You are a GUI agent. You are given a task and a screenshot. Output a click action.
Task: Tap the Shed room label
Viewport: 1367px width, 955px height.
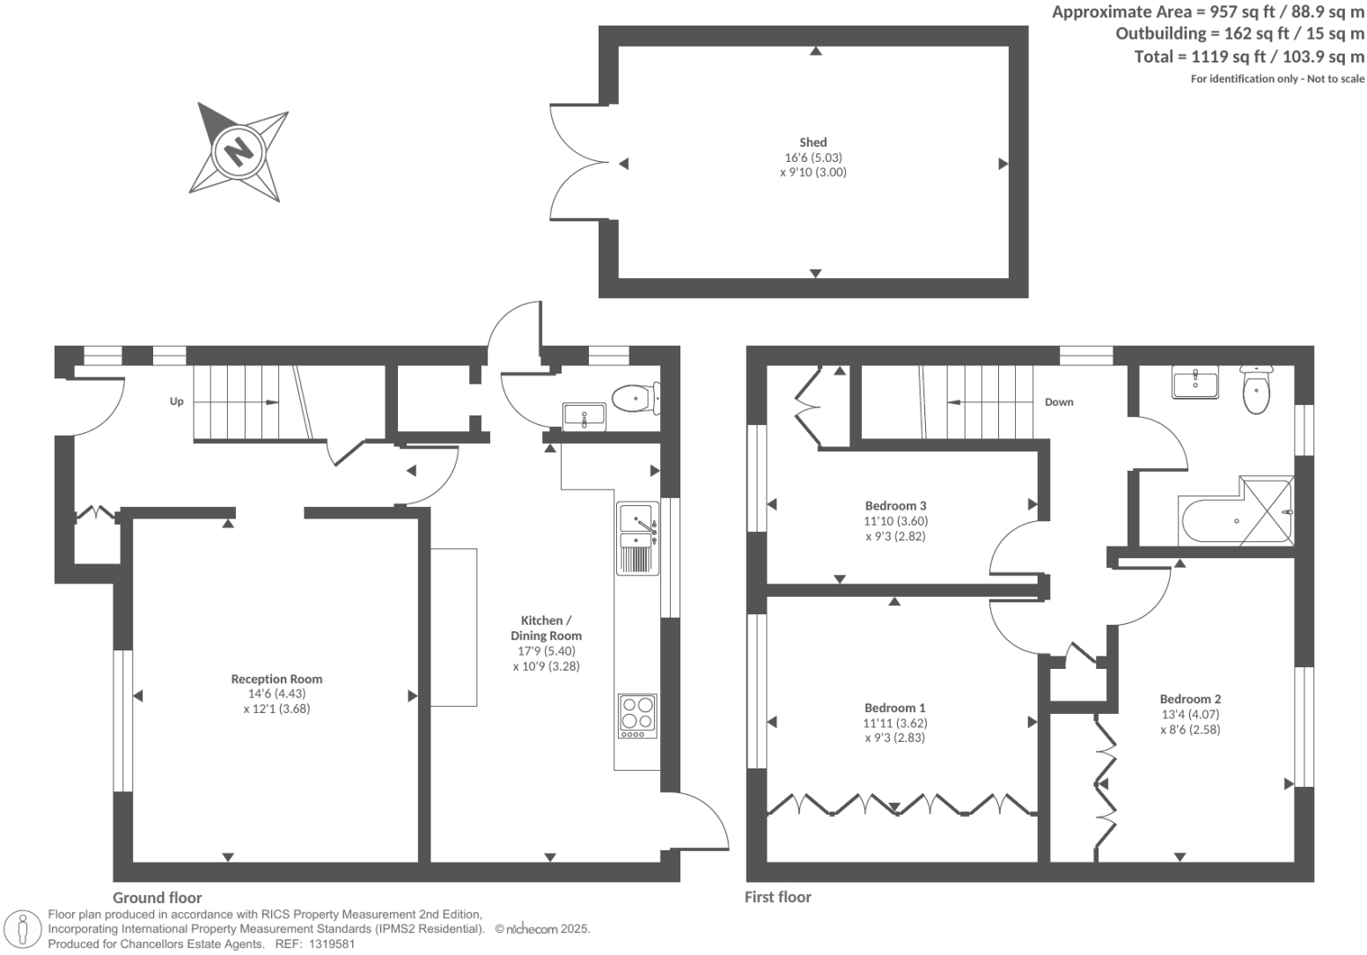pyautogui.click(x=812, y=143)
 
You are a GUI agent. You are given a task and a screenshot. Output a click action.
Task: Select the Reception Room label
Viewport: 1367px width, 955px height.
pyautogui.click(x=276, y=679)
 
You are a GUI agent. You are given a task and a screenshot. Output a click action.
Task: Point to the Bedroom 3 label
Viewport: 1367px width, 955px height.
pyautogui.click(x=895, y=506)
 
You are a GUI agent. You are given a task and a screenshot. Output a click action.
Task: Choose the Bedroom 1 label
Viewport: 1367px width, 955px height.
pyautogui.click(x=894, y=708)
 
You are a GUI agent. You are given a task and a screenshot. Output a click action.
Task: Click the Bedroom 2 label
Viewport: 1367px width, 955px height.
pyautogui.click(x=1190, y=699)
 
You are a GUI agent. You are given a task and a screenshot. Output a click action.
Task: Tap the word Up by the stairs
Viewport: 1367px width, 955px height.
pyautogui.click(x=177, y=401)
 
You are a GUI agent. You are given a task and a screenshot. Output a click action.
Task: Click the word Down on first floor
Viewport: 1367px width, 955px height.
pyautogui.click(x=1059, y=402)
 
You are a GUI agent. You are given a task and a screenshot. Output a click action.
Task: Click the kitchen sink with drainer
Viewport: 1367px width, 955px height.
pyautogui.click(x=636, y=538)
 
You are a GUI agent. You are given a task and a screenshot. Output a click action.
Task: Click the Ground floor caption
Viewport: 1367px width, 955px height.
pyautogui.click(x=157, y=898)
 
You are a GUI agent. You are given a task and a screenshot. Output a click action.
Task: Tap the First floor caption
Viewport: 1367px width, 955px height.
pyautogui.click(x=778, y=897)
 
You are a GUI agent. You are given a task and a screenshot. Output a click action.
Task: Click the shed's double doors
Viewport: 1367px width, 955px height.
pyautogui.click(x=577, y=163)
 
